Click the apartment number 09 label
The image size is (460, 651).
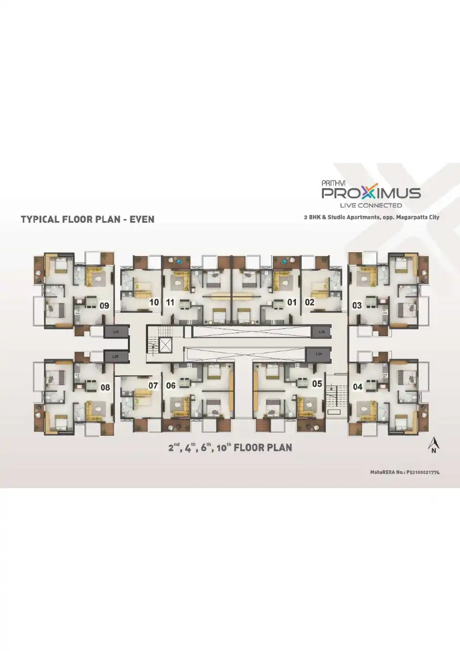click(104, 306)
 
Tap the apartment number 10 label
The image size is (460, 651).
click(154, 303)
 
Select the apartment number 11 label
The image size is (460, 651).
click(171, 303)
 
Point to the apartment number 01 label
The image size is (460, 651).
click(292, 303)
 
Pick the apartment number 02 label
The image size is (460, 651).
click(309, 303)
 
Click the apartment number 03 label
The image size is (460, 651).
click(357, 306)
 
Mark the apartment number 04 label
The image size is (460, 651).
click(357, 386)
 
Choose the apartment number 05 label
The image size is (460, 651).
click(317, 383)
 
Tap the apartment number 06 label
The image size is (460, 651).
click(171, 385)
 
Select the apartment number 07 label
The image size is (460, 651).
click(153, 385)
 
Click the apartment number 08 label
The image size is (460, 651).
click(105, 387)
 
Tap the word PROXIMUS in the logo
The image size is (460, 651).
click(371, 193)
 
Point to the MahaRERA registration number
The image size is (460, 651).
click(404, 472)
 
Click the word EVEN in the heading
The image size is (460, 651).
click(142, 219)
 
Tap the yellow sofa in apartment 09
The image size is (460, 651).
click(94, 278)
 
